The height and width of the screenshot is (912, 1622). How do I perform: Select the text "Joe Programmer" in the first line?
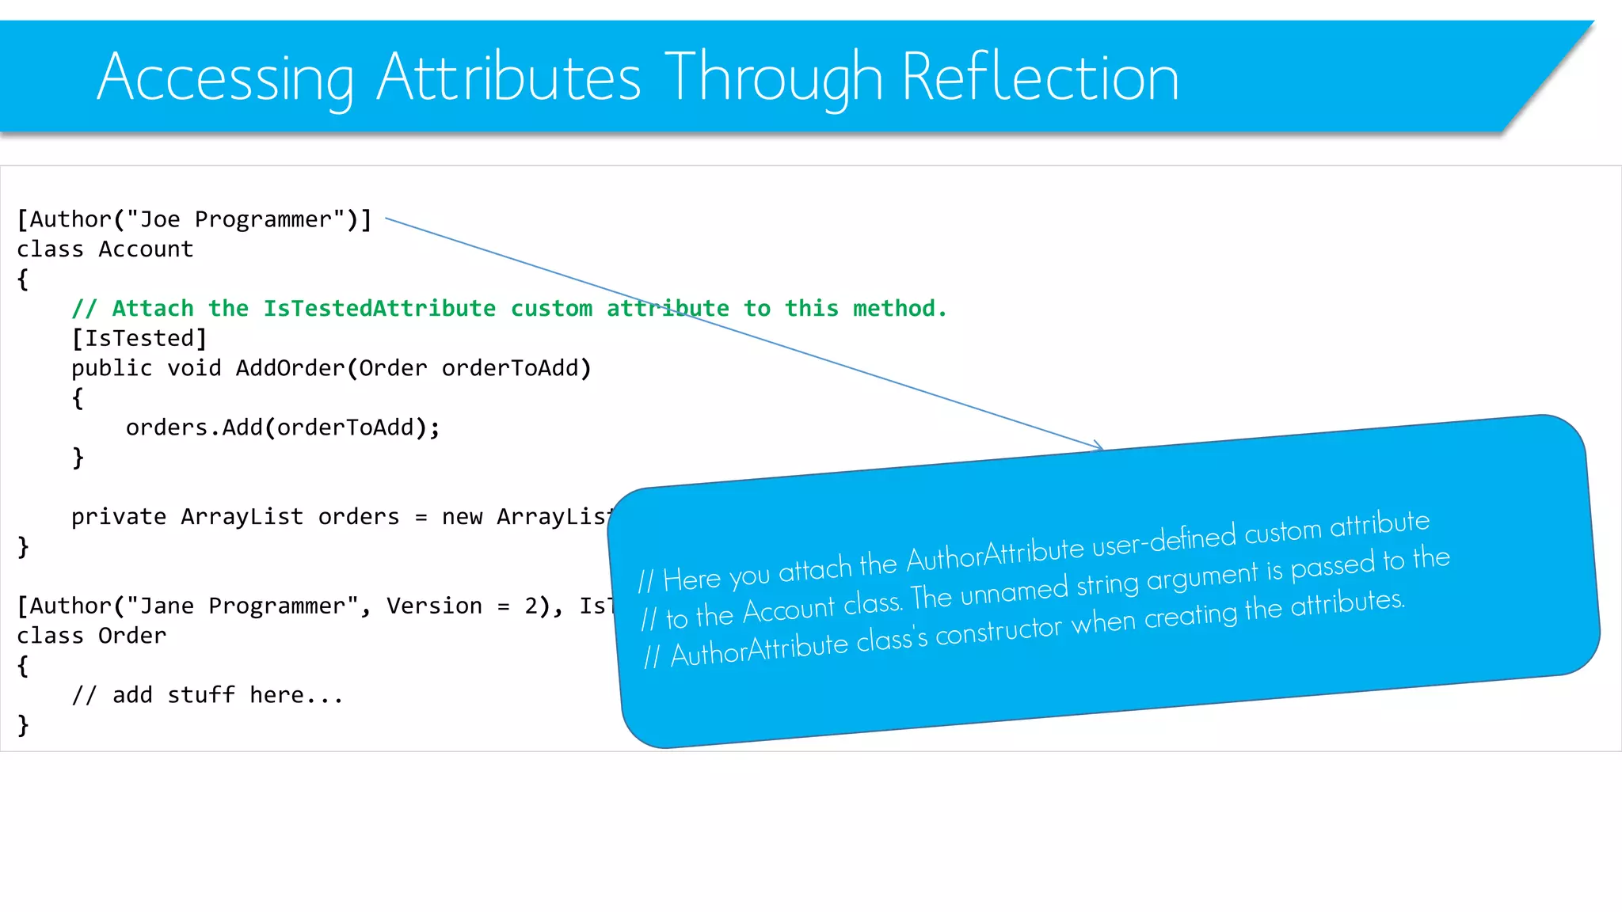tap(235, 219)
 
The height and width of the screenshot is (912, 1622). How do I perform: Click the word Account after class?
tap(146, 249)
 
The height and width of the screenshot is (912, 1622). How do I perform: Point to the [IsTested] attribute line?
tap(139, 339)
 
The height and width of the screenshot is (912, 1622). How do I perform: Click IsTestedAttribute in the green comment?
tap(379, 309)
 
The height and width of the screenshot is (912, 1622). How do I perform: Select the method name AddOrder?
tap(290, 368)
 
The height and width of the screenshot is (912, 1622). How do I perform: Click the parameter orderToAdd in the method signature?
tap(512, 368)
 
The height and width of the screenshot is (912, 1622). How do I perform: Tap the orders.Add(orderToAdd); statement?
tap(283, 427)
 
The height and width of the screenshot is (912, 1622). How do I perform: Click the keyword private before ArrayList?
tap(119, 517)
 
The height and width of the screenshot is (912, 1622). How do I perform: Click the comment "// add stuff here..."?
tap(208, 695)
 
